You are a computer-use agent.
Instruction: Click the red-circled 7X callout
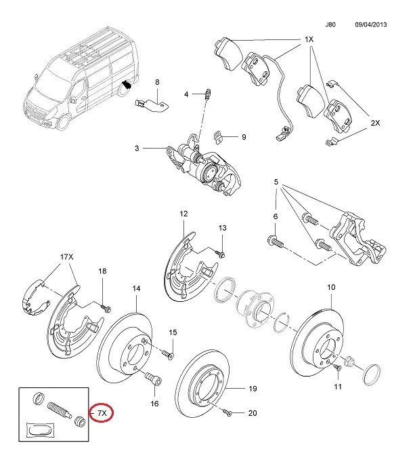(102, 412)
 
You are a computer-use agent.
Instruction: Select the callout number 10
(331, 287)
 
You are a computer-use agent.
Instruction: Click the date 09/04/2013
(370, 24)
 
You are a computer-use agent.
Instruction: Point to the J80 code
(330, 24)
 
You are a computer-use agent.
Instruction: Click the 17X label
(66, 257)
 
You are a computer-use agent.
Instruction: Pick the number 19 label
(253, 389)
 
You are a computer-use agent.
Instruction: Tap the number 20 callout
(253, 413)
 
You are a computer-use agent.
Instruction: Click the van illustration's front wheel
(65, 120)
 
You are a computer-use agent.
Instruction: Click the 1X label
(309, 40)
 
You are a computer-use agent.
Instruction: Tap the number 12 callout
(183, 214)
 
